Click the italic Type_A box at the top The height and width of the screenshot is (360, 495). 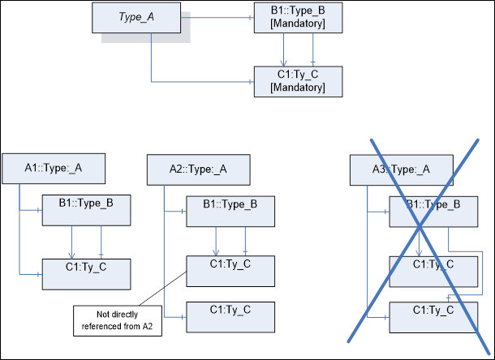coord(136,18)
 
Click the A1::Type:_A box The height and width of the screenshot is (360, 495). coord(54,168)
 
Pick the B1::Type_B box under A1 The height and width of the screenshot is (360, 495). coord(85,209)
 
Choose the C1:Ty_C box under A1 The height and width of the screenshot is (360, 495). coord(85,272)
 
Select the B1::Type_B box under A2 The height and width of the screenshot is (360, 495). coord(230,209)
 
